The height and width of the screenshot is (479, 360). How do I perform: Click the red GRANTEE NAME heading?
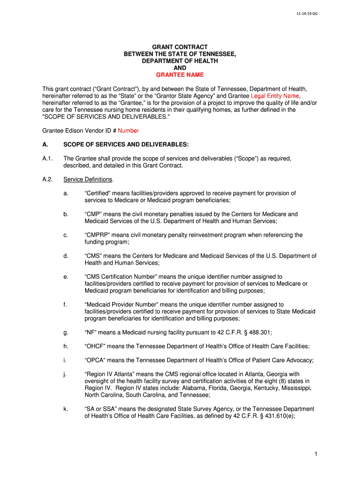coord(180,75)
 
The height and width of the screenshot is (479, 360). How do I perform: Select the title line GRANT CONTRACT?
coord(180,48)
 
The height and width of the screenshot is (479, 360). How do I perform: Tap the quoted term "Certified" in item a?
coord(97,193)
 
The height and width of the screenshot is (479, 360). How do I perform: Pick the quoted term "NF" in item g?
coord(91,332)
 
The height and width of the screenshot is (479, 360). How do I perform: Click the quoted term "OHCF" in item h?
coord(95,346)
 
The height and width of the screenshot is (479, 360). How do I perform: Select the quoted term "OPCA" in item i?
coord(95,360)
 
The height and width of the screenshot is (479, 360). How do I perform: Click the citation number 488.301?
coord(260,332)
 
